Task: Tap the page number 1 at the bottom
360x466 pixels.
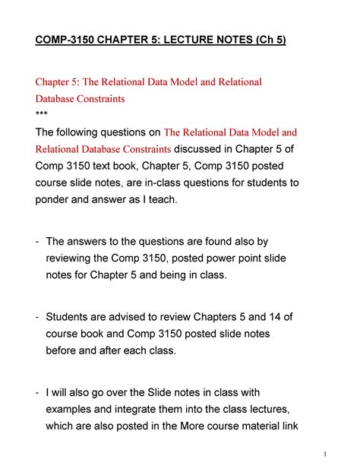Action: pos(325,455)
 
